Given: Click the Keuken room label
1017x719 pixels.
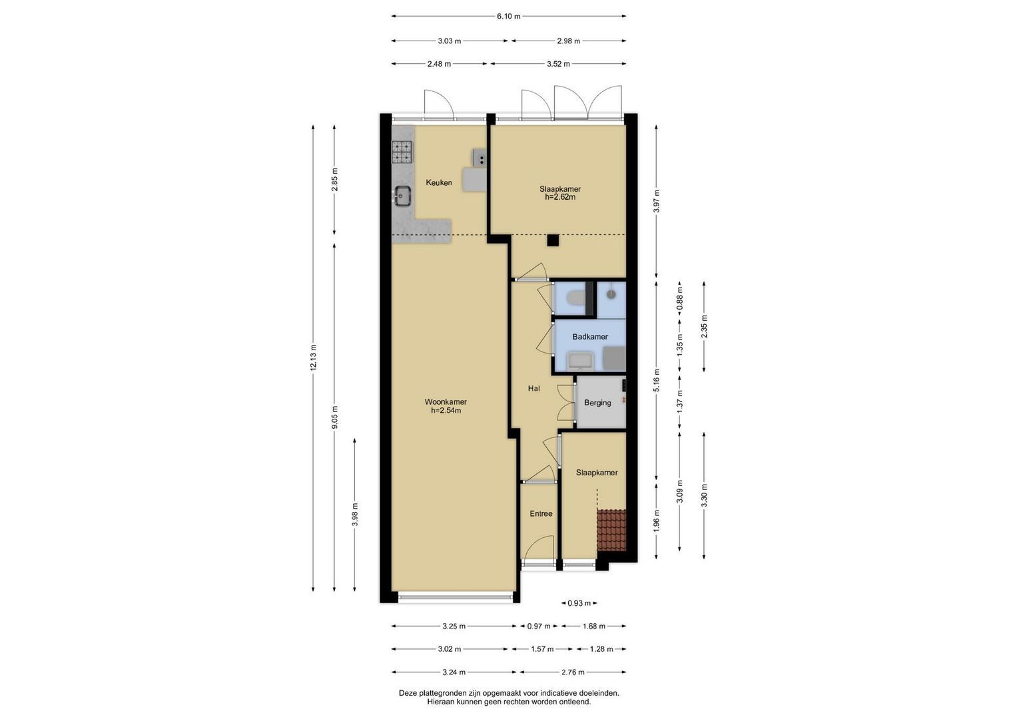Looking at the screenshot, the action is click(439, 182).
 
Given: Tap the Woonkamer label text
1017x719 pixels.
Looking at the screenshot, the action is click(446, 401).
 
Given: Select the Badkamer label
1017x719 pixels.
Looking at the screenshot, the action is click(590, 337).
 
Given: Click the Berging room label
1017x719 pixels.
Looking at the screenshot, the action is click(597, 403).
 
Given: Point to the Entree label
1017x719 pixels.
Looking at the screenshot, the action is click(541, 513).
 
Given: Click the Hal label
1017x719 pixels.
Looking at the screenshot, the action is click(533, 389).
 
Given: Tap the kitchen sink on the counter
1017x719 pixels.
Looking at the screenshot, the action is click(85, 196).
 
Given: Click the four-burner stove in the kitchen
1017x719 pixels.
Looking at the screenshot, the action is click(85, 152).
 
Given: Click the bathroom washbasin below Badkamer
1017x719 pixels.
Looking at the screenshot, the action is click(581, 361).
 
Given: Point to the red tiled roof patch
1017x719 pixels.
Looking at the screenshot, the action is click(611, 530).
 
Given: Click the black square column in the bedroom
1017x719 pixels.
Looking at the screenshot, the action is click(553, 240).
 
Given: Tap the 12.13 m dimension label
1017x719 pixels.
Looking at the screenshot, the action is click(313, 358).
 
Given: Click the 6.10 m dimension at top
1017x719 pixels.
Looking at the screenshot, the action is click(509, 17).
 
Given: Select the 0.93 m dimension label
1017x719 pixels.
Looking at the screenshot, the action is click(579, 603).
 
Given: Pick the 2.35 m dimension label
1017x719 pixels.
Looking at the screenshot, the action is click(704, 327).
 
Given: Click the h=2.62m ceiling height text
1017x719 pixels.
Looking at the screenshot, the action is click(560, 197).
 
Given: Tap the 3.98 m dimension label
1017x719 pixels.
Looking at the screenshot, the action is click(355, 515).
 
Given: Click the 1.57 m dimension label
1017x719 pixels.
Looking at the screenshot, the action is click(542, 649).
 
